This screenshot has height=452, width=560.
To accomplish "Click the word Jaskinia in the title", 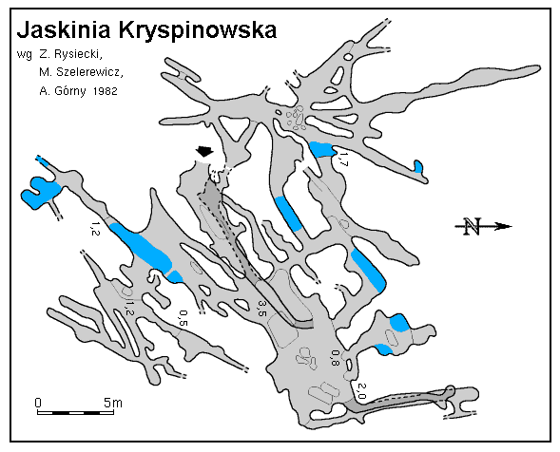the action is [65, 30].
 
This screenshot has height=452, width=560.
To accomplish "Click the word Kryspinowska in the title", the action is [197, 31].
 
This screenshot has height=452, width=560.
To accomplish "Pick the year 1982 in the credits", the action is [105, 91].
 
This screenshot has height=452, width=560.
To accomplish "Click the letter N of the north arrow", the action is [472, 226].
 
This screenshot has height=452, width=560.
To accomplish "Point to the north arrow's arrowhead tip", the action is [512, 226].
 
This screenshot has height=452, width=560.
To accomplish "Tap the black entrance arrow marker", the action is [204, 151].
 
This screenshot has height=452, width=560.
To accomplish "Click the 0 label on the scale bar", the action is [38, 403].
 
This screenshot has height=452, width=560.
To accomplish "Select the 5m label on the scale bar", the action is [113, 403].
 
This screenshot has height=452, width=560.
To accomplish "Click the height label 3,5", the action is [262, 309].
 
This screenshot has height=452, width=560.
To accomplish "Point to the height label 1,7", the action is [342, 160].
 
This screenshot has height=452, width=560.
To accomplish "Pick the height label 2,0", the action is [361, 391].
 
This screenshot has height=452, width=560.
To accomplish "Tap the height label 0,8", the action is [335, 357].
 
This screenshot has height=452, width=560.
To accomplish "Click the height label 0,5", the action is [183, 318].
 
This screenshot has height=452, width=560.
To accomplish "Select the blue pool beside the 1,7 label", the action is [322, 149].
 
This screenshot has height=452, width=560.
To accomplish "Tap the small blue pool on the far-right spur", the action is [418, 166].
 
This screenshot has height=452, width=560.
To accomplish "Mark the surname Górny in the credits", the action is [70, 91].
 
